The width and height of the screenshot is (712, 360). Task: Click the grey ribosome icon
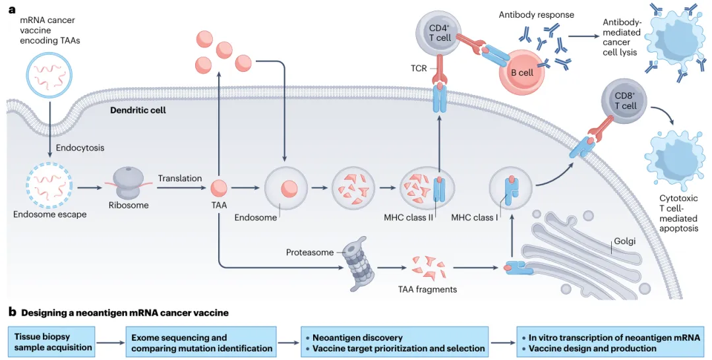[127, 181]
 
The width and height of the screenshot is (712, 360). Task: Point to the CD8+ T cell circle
[624, 101]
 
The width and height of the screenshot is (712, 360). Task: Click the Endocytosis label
[80, 148]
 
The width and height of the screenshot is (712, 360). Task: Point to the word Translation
[179, 178]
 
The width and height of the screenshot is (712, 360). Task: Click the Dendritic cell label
[138, 110]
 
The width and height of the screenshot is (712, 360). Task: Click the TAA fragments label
[427, 289]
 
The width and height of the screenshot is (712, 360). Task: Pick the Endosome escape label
[49, 214]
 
